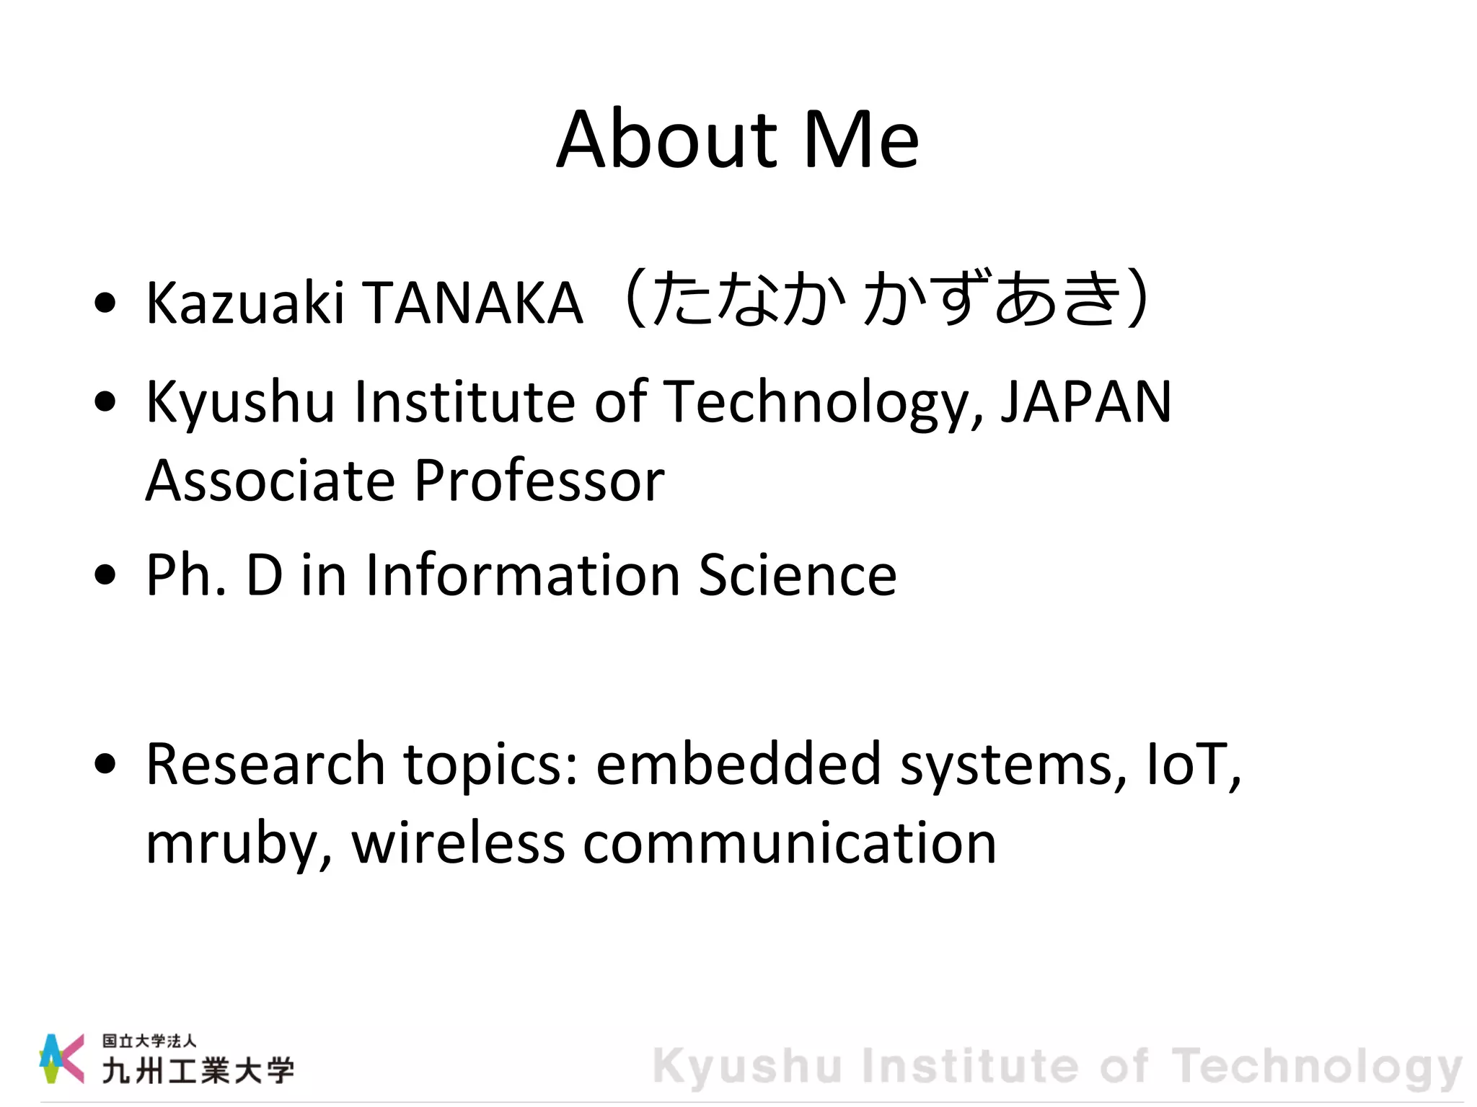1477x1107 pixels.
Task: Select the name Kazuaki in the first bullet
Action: pos(244,302)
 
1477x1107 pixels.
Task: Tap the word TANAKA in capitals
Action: pos(473,302)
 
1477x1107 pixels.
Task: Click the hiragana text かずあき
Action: pos(992,298)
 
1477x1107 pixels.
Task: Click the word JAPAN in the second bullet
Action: pos(1086,401)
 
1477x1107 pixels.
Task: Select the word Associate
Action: pos(270,481)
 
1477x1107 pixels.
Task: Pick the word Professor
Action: pos(539,481)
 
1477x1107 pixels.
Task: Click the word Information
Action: pos(523,575)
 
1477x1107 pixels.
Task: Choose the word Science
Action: pos(797,575)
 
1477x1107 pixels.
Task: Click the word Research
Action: pos(265,764)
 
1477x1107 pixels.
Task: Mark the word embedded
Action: pos(738,764)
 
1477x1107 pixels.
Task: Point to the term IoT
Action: pos(1190,764)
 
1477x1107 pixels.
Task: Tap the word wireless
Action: pos(458,843)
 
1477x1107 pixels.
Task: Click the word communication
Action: pos(790,843)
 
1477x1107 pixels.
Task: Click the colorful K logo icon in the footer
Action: pos(61,1058)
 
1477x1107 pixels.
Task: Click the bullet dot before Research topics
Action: pos(105,763)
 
